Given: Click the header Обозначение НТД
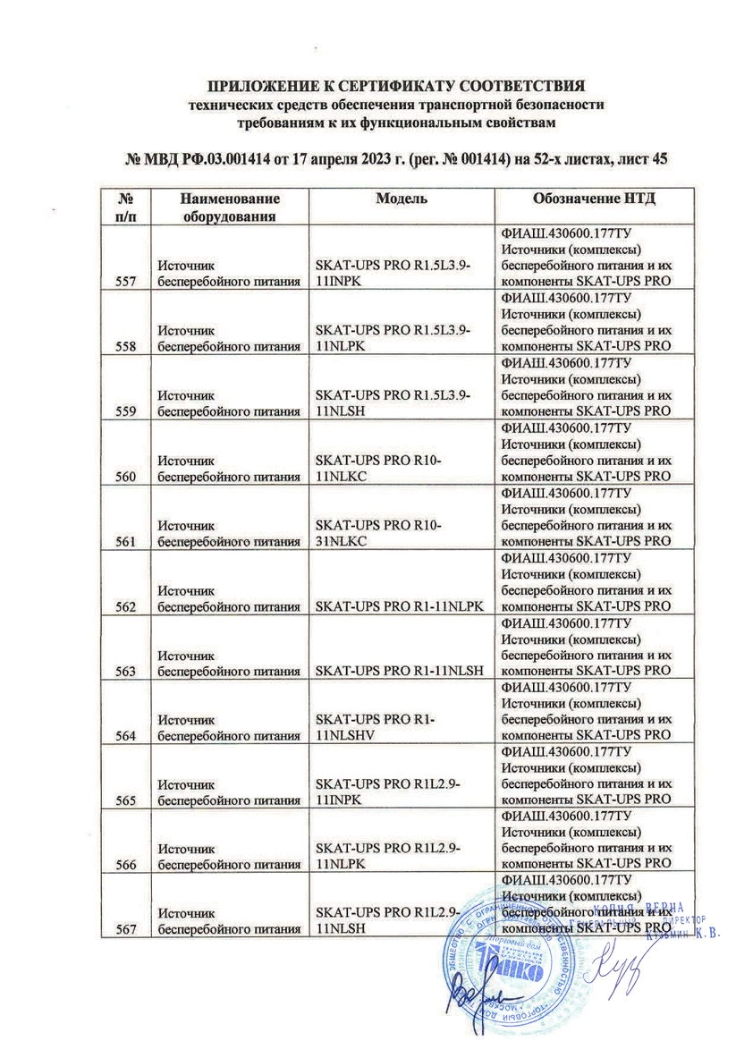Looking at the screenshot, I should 588,197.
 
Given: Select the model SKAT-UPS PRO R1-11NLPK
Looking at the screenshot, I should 399,607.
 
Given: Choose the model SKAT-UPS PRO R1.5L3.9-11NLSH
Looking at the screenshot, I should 390,403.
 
